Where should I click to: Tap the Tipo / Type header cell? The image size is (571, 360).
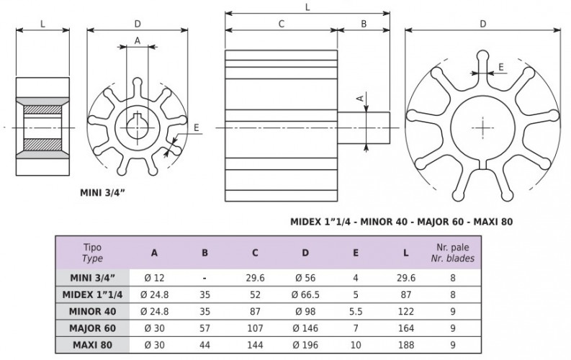coord(92,253)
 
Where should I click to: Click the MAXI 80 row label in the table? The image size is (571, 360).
coord(92,344)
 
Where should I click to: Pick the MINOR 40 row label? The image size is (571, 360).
coord(92,310)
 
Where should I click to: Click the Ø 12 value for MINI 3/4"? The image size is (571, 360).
coord(155,276)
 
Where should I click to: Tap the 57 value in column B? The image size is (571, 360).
coord(204,328)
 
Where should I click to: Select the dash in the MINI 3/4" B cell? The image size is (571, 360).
coord(204,276)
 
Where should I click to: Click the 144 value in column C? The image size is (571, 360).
coord(254,344)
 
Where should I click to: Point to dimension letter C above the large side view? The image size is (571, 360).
coord(282,23)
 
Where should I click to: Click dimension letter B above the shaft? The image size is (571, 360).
coord(364,23)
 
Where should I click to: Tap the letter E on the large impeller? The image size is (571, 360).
coord(501,66)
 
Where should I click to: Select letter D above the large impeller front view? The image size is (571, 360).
coord(482,23)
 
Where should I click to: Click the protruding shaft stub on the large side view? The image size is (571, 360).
coord(364,126)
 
